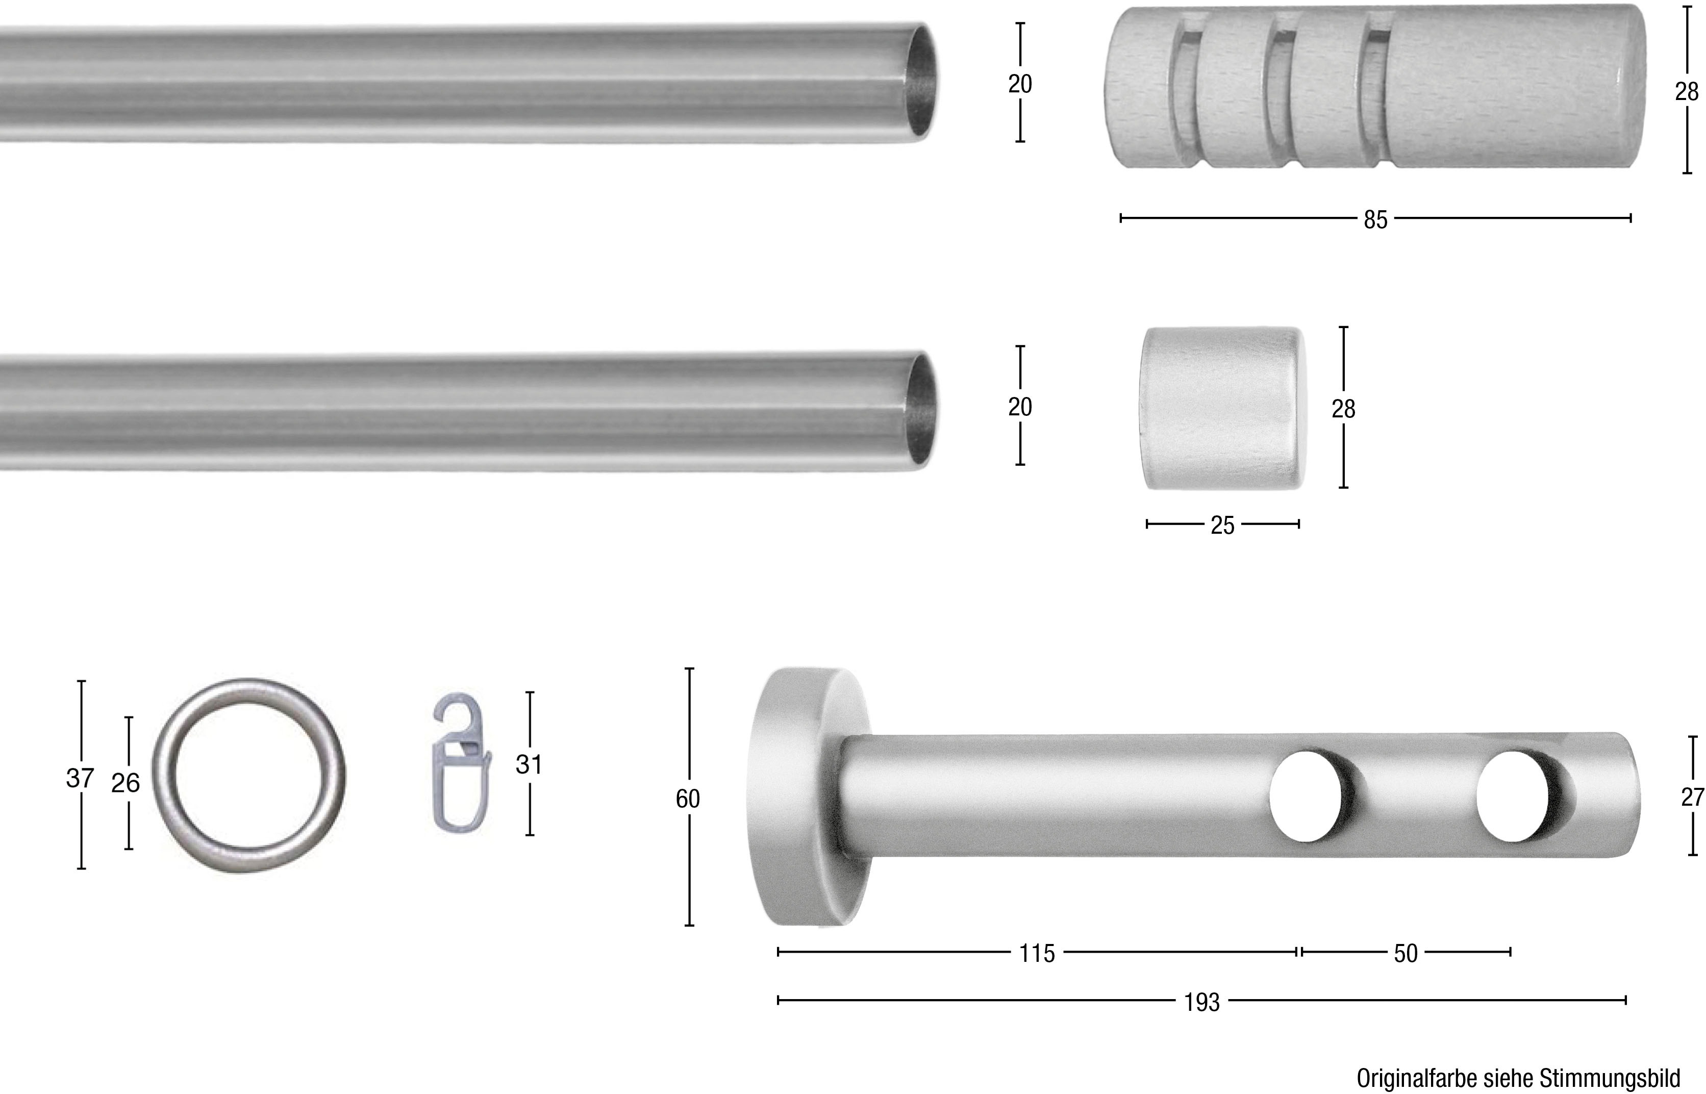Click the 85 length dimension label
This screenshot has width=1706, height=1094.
(x=1375, y=220)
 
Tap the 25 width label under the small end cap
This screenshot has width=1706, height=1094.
(x=1222, y=526)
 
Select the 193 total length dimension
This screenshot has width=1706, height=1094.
(x=1202, y=1002)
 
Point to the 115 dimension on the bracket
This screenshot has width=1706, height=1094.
(x=1037, y=953)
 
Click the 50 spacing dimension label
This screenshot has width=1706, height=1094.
(x=1406, y=953)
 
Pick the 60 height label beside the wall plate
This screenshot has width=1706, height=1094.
(x=688, y=799)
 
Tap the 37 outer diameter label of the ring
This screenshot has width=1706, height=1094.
(x=80, y=779)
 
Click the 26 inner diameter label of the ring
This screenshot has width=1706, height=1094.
(x=126, y=783)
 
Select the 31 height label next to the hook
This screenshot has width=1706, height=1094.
(x=529, y=764)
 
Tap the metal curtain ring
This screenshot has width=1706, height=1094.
(x=248, y=776)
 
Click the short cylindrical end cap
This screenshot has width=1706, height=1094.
(x=1222, y=409)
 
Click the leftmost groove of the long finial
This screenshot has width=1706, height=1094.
(x=1183, y=89)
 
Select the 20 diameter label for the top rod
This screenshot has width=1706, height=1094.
(x=1020, y=84)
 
